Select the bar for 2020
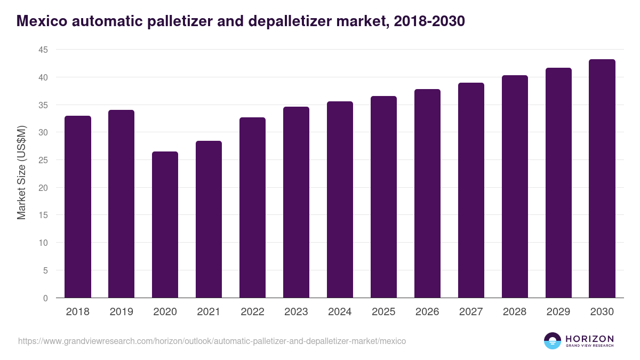click(165, 225)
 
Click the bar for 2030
click(602, 179)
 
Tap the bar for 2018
click(77, 207)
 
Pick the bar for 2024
click(340, 199)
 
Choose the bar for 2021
click(209, 219)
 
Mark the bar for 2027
click(471, 190)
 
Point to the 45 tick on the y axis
click(42, 50)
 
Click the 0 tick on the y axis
click(45, 298)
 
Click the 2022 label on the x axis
click(252, 312)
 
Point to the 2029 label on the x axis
click(558, 312)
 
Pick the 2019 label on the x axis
click(121, 312)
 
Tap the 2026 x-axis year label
click(427, 312)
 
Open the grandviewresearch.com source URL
click(212, 341)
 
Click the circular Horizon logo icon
click(552, 341)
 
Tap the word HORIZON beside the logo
click(589, 338)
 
